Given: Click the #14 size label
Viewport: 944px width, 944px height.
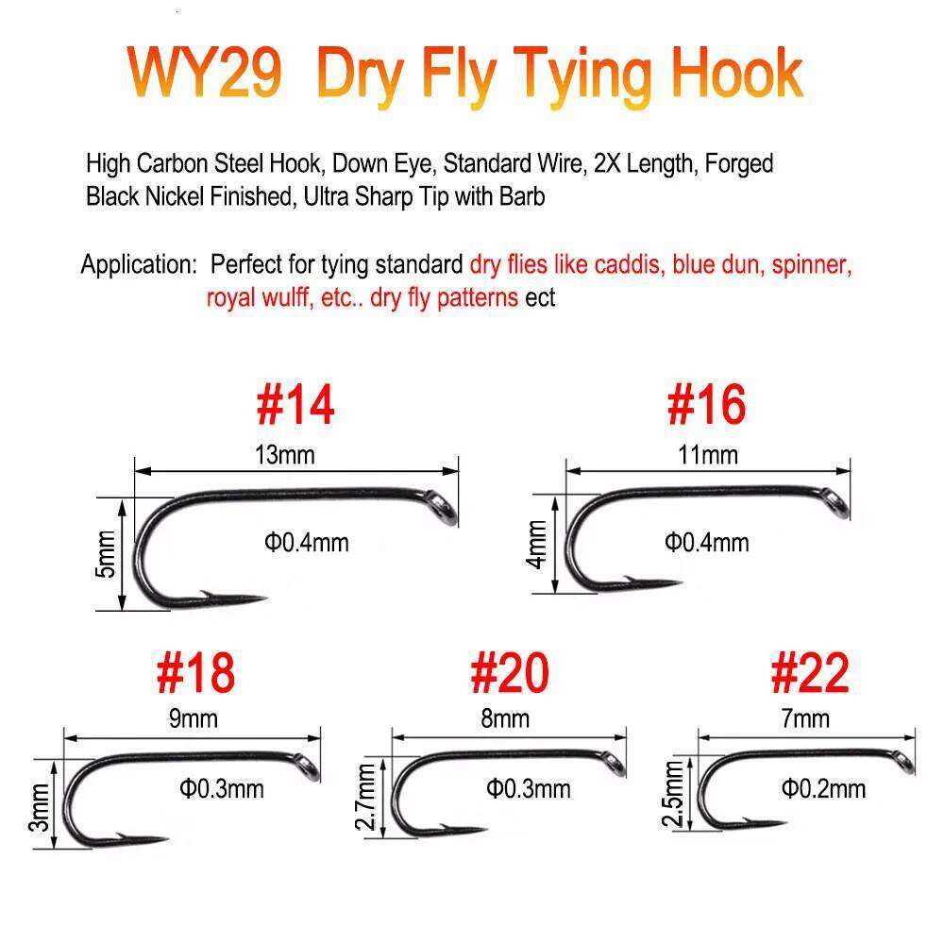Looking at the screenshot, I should coord(295,403).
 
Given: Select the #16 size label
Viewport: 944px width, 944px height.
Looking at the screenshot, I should coord(706,403).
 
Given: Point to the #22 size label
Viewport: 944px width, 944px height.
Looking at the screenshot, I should coord(809,672).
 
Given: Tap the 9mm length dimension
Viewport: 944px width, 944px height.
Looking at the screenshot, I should coord(194,718).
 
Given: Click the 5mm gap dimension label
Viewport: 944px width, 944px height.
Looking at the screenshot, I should coord(107,554).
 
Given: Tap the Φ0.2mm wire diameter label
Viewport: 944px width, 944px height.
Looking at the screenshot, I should coord(823,788).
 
